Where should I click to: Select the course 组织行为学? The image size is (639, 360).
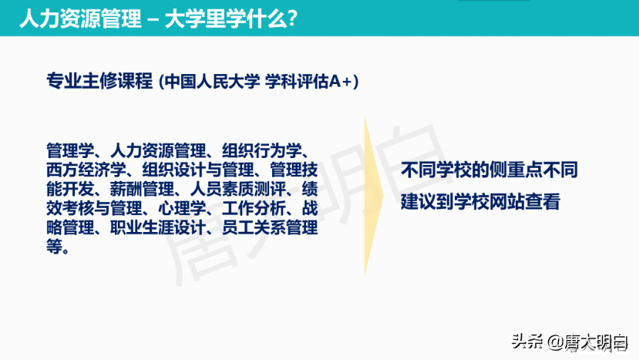[264, 148]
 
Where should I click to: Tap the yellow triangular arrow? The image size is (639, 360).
[375, 197]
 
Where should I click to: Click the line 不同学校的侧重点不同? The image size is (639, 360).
[489, 169]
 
